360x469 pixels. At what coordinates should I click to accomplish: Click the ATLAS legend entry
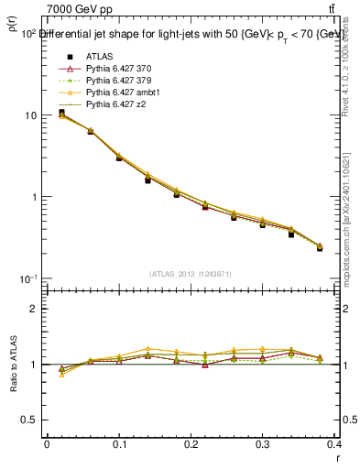(x=99, y=57)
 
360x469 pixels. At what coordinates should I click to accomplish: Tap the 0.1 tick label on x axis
(x=119, y=445)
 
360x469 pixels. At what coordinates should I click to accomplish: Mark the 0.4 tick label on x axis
(x=336, y=445)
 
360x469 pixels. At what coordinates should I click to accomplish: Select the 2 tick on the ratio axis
(x=33, y=309)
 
